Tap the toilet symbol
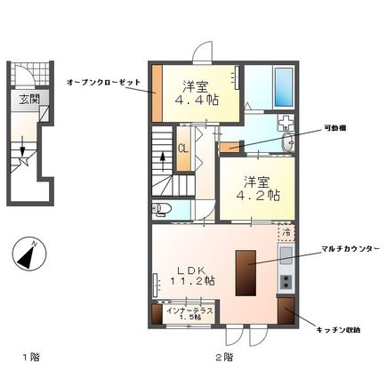(x=162, y=210)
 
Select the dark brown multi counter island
(x=245, y=272)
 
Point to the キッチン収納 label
(x=338, y=329)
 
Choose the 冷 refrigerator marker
(x=286, y=232)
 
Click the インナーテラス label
(x=186, y=310)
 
